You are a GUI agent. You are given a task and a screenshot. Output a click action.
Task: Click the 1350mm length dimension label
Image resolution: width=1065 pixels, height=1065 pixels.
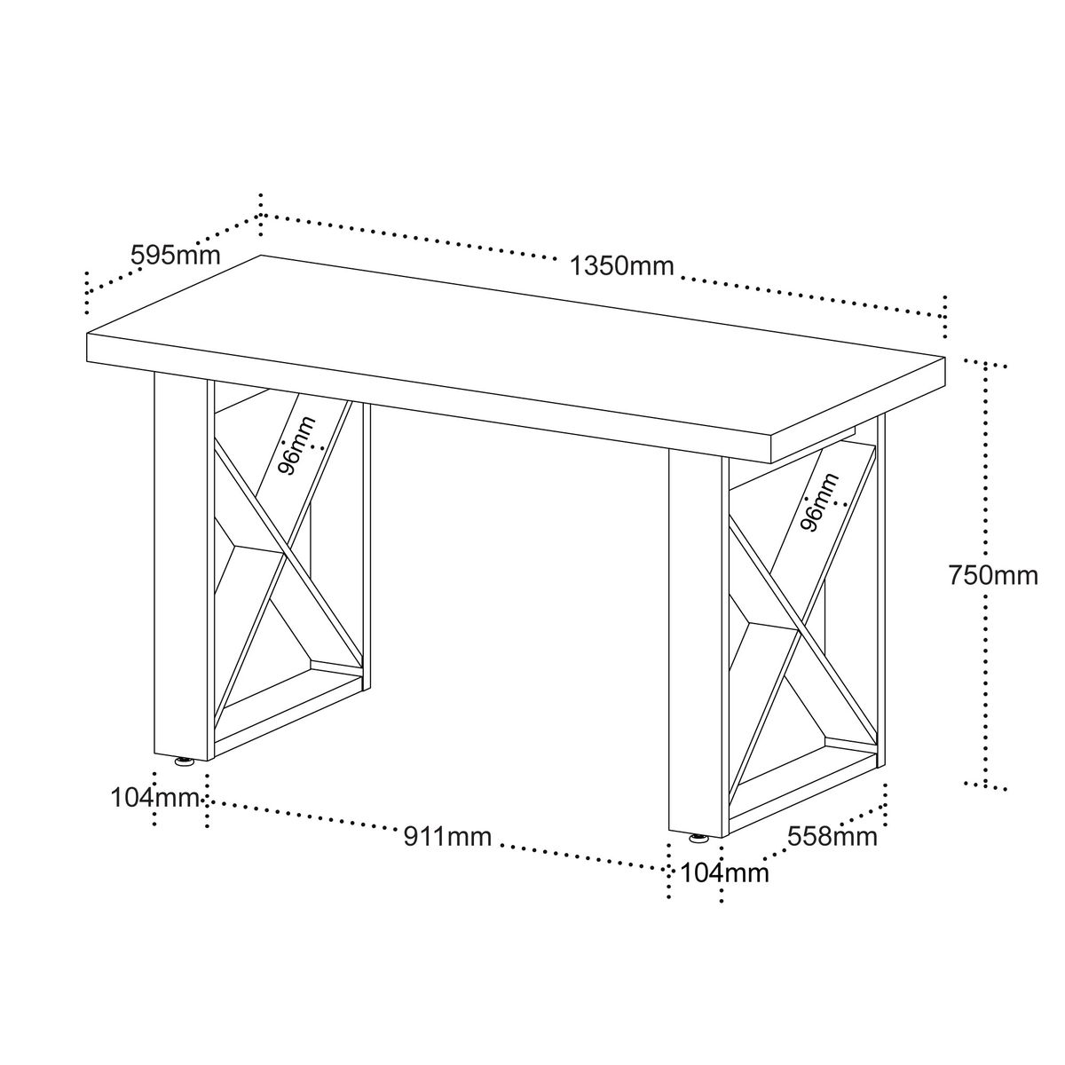click(x=622, y=266)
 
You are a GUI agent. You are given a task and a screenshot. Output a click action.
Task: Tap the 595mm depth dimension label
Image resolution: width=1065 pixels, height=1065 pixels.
click(x=175, y=256)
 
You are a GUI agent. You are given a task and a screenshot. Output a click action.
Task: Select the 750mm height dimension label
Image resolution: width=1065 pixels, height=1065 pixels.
click(x=993, y=575)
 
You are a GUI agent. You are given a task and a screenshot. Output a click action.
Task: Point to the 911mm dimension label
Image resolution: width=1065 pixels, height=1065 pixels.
click(x=447, y=837)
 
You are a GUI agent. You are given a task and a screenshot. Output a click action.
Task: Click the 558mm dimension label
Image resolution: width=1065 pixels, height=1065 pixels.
click(x=832, y=837)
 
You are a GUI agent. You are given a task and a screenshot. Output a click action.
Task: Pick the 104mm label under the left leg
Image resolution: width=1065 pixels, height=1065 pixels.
click(x=155, y=798)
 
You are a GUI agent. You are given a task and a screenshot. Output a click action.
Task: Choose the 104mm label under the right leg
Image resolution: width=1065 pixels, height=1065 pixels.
click(x=724, y=874)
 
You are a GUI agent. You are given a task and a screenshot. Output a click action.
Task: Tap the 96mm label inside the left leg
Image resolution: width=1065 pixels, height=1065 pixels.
click(x=296, y=446)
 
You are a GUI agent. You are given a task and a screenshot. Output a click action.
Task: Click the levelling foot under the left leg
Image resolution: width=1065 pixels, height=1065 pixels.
click(x=184, y=762)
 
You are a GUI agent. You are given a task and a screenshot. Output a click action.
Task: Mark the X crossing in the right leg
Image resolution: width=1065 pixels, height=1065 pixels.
click(x=799, y=633)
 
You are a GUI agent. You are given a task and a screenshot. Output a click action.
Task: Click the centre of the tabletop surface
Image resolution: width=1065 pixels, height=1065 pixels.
click(x=516, y=351)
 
